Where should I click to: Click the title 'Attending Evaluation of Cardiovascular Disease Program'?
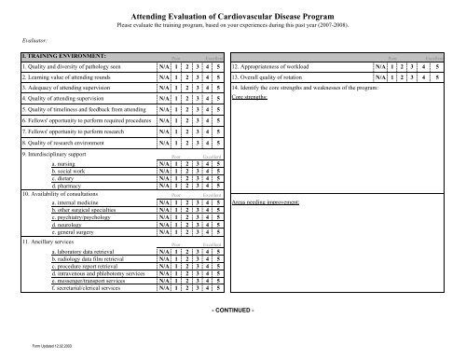[x=233, y=17]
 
